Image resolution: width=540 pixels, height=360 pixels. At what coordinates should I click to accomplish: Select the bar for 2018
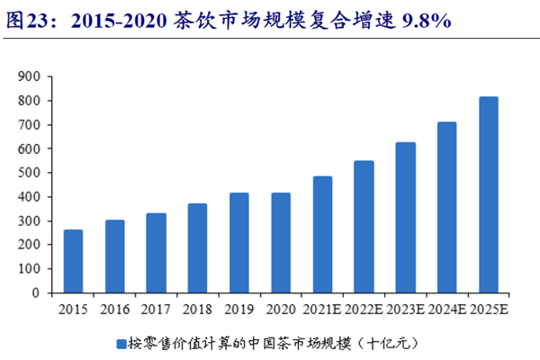pos(197,247)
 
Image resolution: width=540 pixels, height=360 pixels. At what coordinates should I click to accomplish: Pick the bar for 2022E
pos(364,226)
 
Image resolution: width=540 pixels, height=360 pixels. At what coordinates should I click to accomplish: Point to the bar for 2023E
pos(405,217)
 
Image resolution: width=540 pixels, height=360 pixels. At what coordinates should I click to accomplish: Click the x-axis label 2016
pos(114,309)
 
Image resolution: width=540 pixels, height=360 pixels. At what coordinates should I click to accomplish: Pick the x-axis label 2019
pos(238,309)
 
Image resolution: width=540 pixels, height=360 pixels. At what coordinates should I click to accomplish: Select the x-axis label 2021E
pos(322,309)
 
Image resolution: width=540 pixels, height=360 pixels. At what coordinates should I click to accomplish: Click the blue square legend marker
pos(120,343)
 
